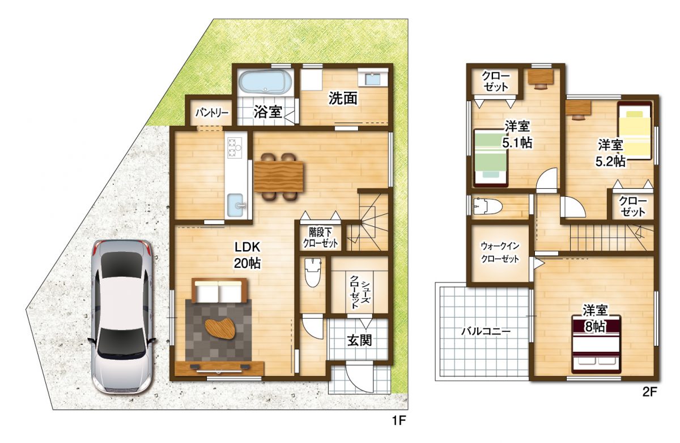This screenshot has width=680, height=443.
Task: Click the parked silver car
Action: coord(122,317)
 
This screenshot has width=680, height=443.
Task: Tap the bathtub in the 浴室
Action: coord(265,82)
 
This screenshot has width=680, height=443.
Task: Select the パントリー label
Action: coord(211,113)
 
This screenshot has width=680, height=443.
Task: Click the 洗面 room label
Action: coord(343,98)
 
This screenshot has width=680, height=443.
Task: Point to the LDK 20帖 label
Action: coord(247,255)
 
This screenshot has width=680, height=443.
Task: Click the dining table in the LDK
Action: coord(279,176)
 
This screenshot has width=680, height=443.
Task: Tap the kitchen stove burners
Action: coord(234,147)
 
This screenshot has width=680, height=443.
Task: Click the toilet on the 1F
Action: coord(312,272)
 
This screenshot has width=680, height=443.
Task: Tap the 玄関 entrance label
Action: coord(359,340)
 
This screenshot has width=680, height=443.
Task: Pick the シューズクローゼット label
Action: coord(360,292)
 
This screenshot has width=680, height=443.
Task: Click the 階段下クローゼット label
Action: coord(320,238)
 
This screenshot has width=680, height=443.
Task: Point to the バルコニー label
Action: coord(486,331)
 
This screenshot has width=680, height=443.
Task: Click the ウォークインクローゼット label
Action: coord(500,252)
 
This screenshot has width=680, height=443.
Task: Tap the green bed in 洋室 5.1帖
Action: coord(491,158)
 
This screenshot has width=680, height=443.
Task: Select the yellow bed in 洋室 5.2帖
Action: coord(635,130)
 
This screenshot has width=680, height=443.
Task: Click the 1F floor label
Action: coord(398,421)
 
